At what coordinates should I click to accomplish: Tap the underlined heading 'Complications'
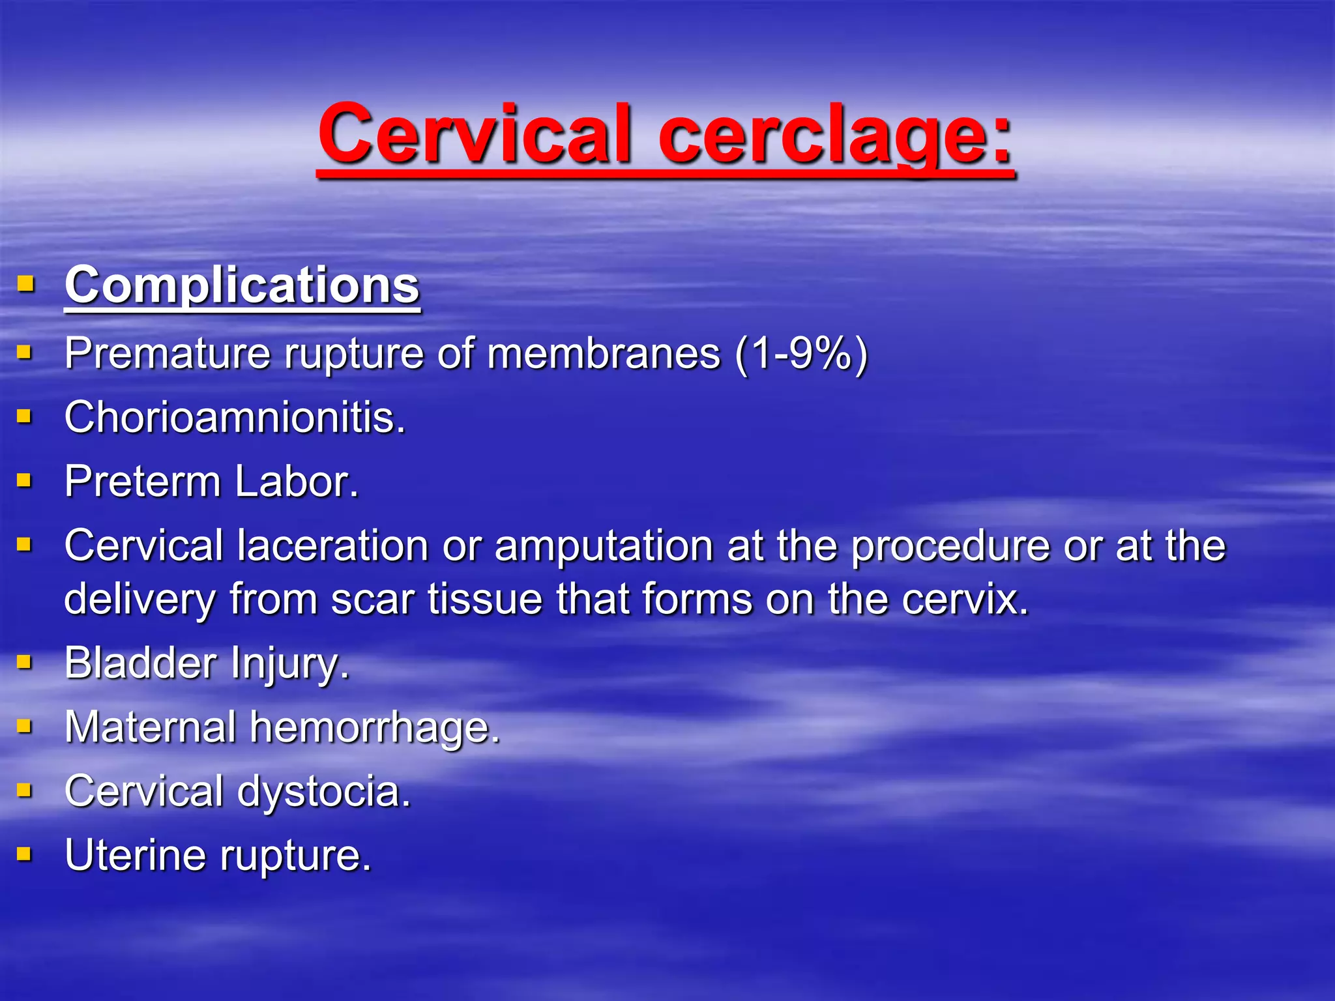242,285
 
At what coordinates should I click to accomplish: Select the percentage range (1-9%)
801,353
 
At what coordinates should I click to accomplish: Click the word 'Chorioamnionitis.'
235,417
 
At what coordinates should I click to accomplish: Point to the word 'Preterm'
143,482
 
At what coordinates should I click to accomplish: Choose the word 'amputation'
604,545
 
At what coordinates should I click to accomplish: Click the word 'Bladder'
140,663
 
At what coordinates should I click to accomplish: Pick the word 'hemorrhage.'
375,727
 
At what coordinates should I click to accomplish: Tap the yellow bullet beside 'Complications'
25,283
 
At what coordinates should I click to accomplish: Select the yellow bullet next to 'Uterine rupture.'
25,854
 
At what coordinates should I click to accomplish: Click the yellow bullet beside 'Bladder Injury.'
25,662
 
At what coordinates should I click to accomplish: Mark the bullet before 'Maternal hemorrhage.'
25,726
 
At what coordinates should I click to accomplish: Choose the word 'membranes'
604,353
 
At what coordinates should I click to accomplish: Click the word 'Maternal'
150,727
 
